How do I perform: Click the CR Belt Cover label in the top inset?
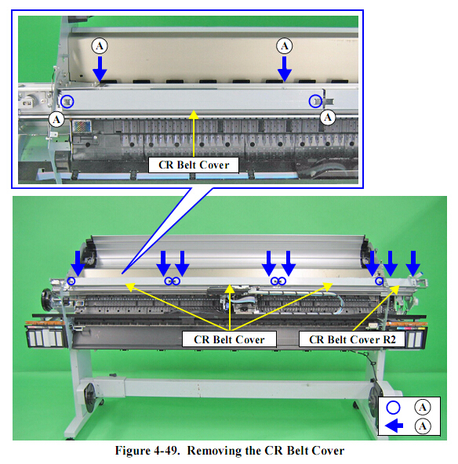tap(194, 165)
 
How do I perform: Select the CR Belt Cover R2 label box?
tap(352, 339)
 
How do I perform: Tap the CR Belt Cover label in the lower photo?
tap(229, 339)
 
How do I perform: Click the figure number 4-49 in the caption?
tap(166, 451)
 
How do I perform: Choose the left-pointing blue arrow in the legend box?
tap(394, 426)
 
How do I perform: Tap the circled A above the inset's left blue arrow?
tap(100, 46)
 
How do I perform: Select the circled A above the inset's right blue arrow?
tap(284, 46)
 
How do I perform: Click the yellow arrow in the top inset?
tap(194, 133)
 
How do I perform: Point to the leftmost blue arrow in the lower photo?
tap(78, 263)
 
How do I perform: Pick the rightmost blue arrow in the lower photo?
tap(413, 263)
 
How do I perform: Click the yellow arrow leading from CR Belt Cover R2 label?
tap(376, 308)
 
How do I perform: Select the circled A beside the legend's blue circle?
tap(423, 408)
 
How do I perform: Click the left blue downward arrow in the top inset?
tap(100, 69)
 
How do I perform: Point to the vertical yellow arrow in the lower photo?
tap(230, 307)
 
